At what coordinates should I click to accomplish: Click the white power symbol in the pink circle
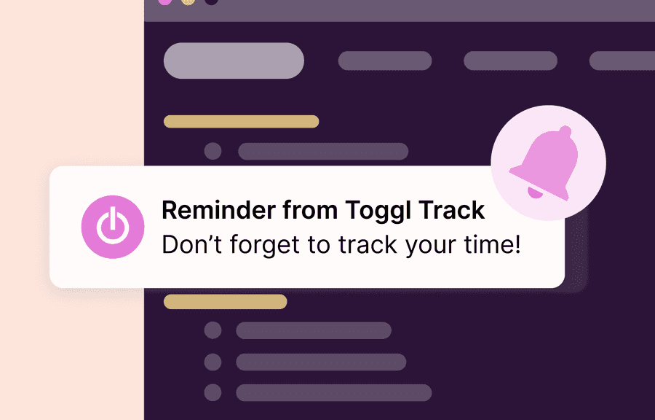coord(112,227)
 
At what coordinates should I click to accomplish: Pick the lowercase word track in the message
coord(364,245)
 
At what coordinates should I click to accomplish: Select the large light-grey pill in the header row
coord(234,61)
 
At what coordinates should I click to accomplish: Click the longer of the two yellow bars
coord(241,122)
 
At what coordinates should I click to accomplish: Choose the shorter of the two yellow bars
coord(225,302)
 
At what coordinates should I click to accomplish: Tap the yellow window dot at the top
coord(188,1)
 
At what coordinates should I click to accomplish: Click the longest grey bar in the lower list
coord(334,393)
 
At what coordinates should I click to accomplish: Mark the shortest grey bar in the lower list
coord(314,330)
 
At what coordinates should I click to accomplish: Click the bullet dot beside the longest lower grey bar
coord(213,393)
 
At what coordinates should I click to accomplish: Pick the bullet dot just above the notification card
coord(213,152)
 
